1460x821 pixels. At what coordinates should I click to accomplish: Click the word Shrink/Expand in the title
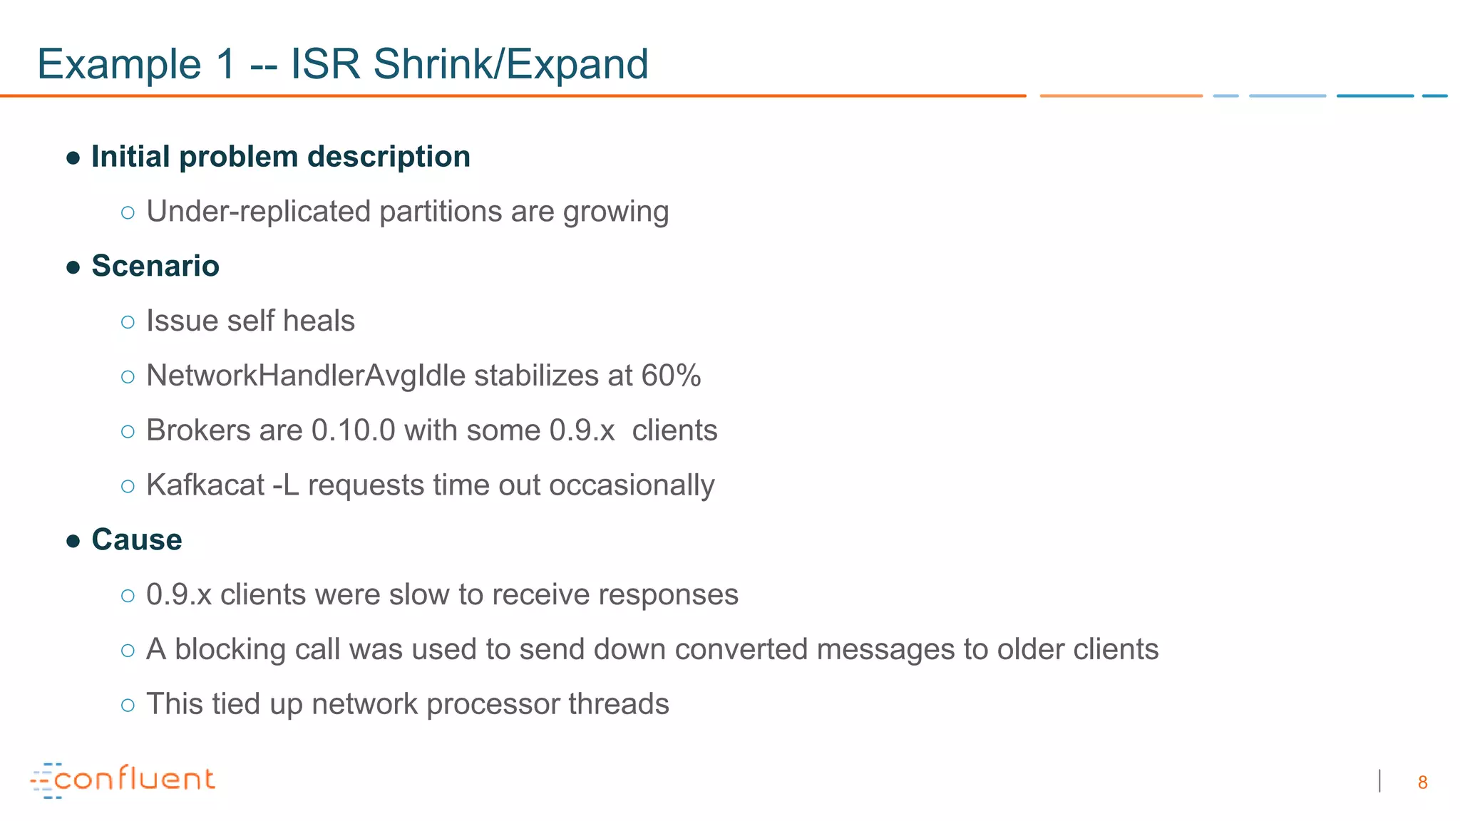pos(510,64)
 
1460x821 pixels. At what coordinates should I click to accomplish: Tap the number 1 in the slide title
pos(225,64)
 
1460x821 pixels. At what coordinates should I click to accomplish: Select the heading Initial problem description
pos(281,157)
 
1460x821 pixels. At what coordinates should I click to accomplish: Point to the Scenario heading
pos(155,266)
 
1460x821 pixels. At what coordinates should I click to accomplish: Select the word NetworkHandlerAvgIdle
pos(306,376)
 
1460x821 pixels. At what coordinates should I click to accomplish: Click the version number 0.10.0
pos(354,430)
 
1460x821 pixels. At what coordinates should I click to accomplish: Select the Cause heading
pos(137,539)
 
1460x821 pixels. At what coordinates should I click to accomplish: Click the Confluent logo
pos(123,780)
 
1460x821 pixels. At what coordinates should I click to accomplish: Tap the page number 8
pos(1422,783)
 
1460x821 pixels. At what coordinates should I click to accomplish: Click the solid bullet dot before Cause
pos(73,541)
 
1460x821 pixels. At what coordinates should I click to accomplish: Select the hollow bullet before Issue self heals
pos(128,322)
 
